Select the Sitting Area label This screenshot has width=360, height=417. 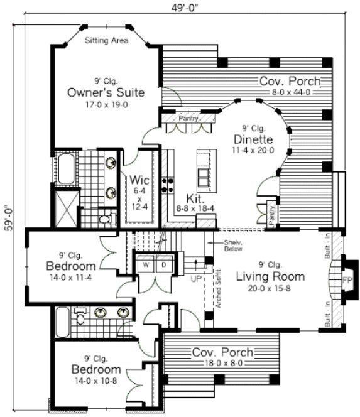(106, 41)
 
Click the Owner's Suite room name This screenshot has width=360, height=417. (106, 93)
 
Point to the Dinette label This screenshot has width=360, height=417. (252, 139)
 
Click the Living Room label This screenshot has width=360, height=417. (270, 276)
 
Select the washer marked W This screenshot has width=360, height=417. (145, 264)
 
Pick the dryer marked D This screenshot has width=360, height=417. (163, 264)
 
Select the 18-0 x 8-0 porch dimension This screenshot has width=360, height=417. (222, 363)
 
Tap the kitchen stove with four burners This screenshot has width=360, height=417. (168, 184)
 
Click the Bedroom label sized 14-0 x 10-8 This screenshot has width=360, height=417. (95, 369)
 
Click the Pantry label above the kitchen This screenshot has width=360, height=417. (188, 118)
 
